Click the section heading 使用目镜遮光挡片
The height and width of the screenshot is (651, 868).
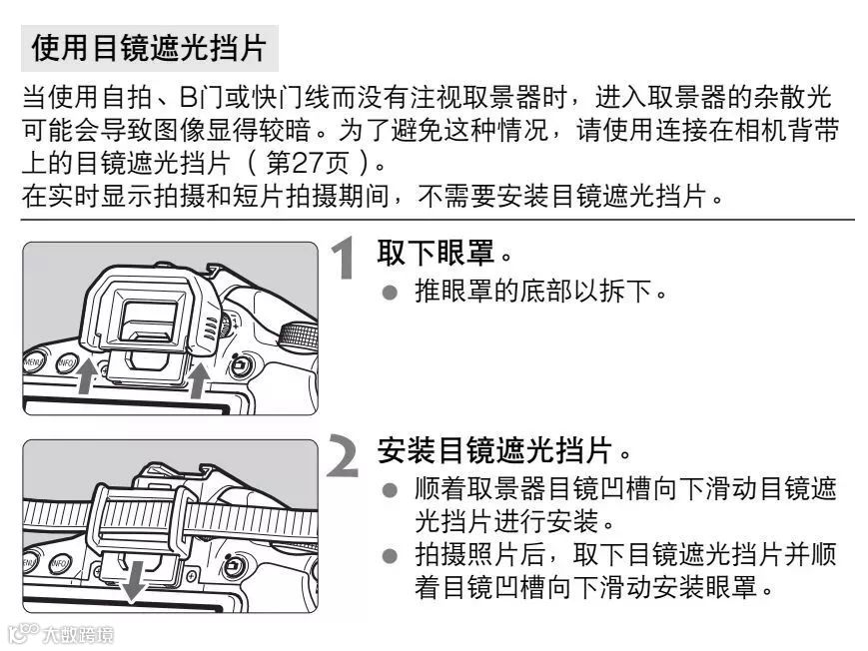(x=150, y=48)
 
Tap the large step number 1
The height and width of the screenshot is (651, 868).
(x=345, y=258)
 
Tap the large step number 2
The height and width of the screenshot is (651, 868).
(x=344, y=455)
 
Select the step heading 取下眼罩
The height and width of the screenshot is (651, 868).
(x=435, y=254)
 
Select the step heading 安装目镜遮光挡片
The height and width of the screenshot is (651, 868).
(x=494, y=450)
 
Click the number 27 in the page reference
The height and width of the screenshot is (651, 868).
(x=308, y=163)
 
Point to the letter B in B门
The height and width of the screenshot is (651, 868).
(x=188, y=98)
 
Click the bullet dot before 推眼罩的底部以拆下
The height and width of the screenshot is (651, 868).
(x=390, y=293)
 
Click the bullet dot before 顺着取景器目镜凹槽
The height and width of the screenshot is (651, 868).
(x=390, y=490)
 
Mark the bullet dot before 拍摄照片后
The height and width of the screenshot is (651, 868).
(x=390, y=555)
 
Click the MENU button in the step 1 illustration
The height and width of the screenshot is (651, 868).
(x=34, y=362)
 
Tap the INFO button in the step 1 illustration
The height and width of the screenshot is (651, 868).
(x=67, y=363)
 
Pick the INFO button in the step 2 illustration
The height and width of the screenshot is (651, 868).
(x=60, y=564)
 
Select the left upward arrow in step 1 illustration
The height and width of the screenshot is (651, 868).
(x=85, y=376)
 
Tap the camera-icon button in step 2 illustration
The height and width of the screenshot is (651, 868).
(x=234, y=567)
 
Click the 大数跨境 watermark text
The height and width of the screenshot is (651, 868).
(x=78, y=634)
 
